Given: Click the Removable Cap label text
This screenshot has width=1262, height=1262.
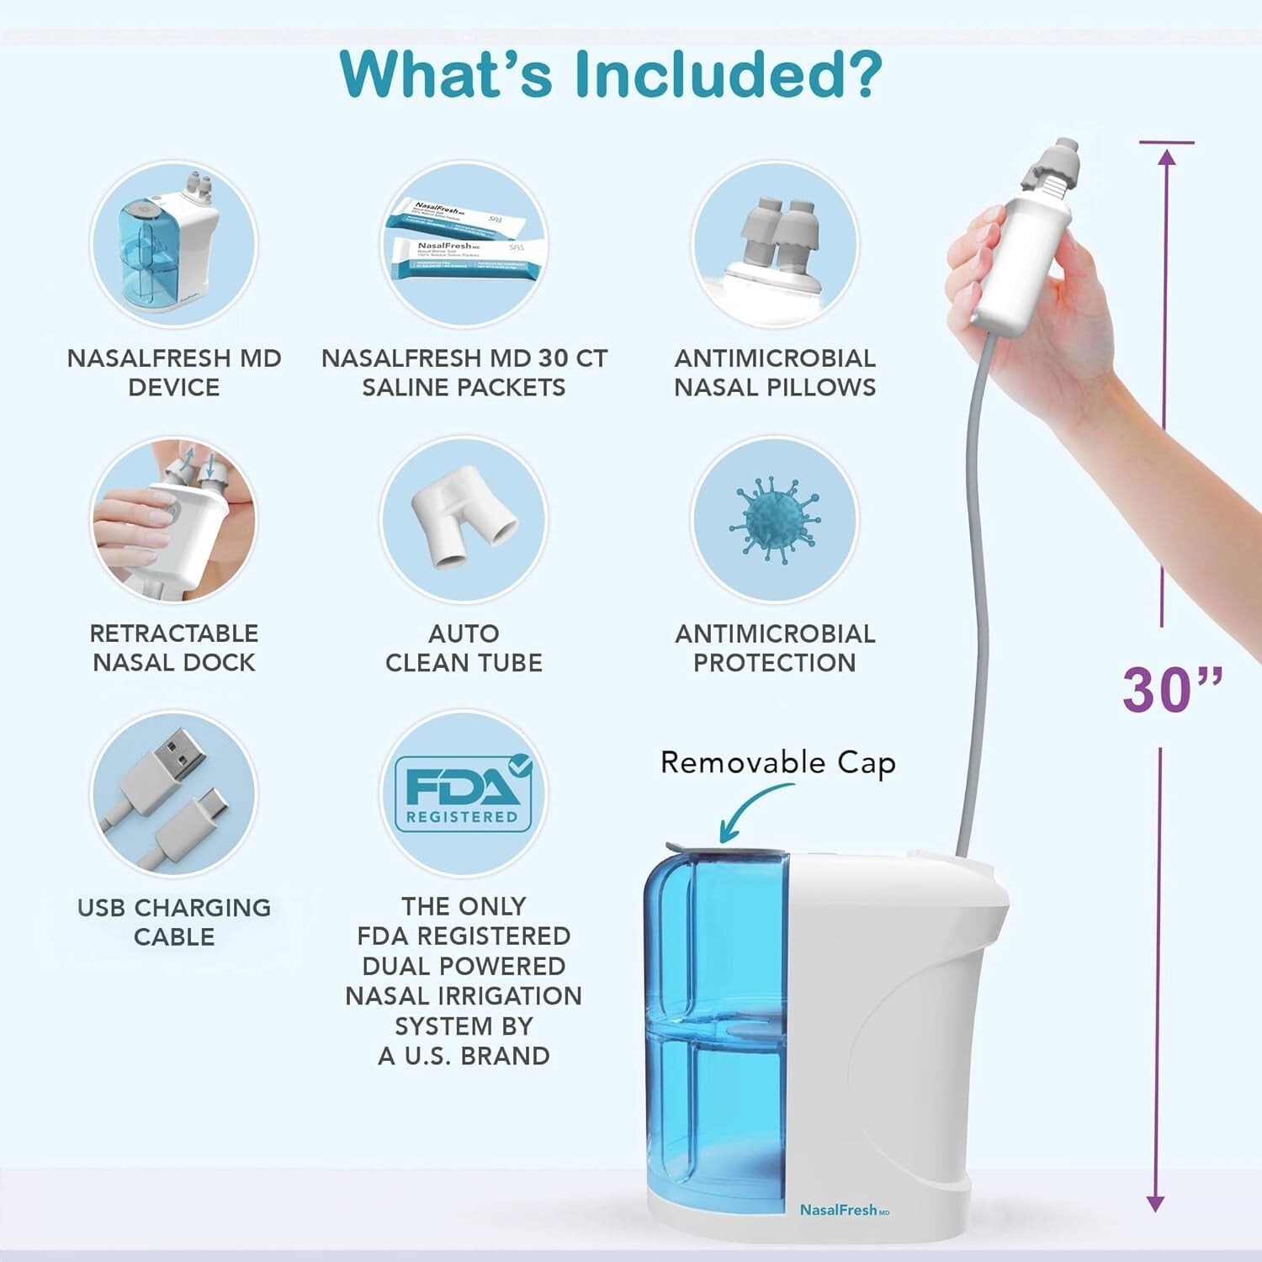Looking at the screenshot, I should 777,763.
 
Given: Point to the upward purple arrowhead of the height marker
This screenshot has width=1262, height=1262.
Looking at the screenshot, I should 1166,158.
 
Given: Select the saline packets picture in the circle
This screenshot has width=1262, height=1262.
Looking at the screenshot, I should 464,245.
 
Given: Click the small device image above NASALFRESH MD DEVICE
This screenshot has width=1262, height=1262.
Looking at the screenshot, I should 173,245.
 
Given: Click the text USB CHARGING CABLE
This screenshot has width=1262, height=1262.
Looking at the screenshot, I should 174,922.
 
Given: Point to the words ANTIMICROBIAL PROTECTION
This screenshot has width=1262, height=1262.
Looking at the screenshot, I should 775,648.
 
